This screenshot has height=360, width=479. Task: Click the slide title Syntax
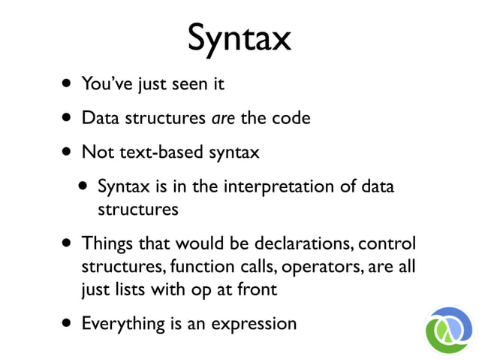click(x=239, y=37)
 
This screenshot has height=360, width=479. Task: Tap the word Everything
click(x=122, y=324)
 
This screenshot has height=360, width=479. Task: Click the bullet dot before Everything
click(x=68, y=325)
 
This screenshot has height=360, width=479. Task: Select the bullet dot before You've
click(x=68, y=84)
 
